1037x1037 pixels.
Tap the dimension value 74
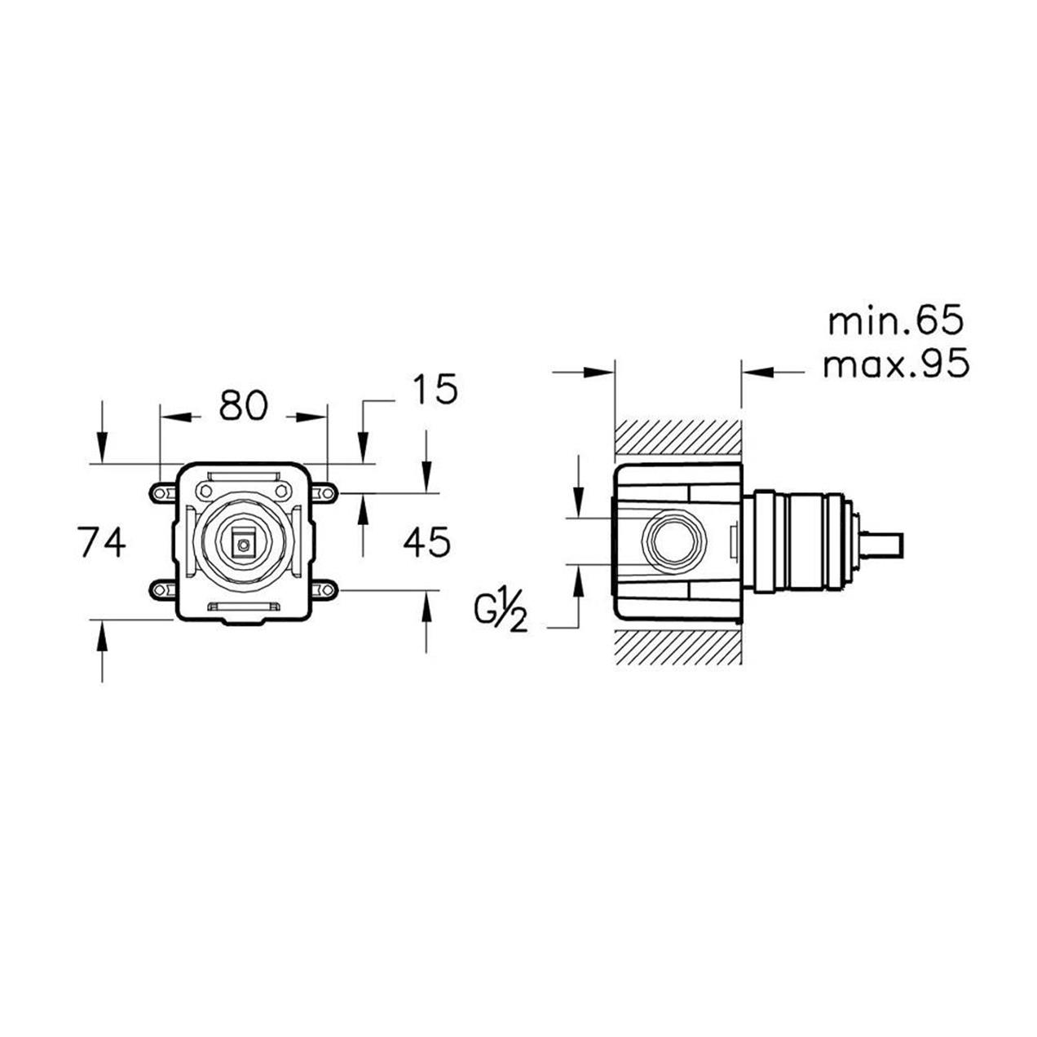(102, 541)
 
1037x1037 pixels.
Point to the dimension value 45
(426, 541)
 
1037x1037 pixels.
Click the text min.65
(896, 321)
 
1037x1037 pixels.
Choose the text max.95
(897, 363)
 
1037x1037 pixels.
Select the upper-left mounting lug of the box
(163, 492)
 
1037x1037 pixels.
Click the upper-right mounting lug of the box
(324, 492)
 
